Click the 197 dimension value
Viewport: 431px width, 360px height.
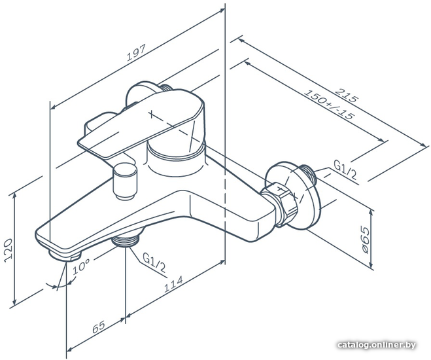(x=136, y=53)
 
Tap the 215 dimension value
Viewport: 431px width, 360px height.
(x=347, y=95)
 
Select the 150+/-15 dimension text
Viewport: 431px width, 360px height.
(x=328, y=105)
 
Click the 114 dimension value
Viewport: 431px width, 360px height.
(x=173, y=284)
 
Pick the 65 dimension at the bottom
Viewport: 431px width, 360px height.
(x=99, y=327)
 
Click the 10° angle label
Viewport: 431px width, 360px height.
(x=81, y=266)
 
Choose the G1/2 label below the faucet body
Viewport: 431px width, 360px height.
(x=154, y=262)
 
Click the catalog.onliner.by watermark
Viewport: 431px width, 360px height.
(x=377, y=344)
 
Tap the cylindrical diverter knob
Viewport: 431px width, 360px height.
(x=125, y=181)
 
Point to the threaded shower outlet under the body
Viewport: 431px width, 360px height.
(x=125, y=240)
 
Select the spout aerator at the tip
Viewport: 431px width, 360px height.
(x=64, y=255)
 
